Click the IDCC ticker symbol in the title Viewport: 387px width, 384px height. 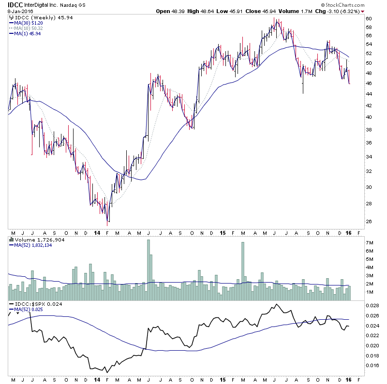[x=15, y=4]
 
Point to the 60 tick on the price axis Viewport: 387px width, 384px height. [x=369, y=18]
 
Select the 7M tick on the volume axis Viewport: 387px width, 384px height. [x=370, y=242]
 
